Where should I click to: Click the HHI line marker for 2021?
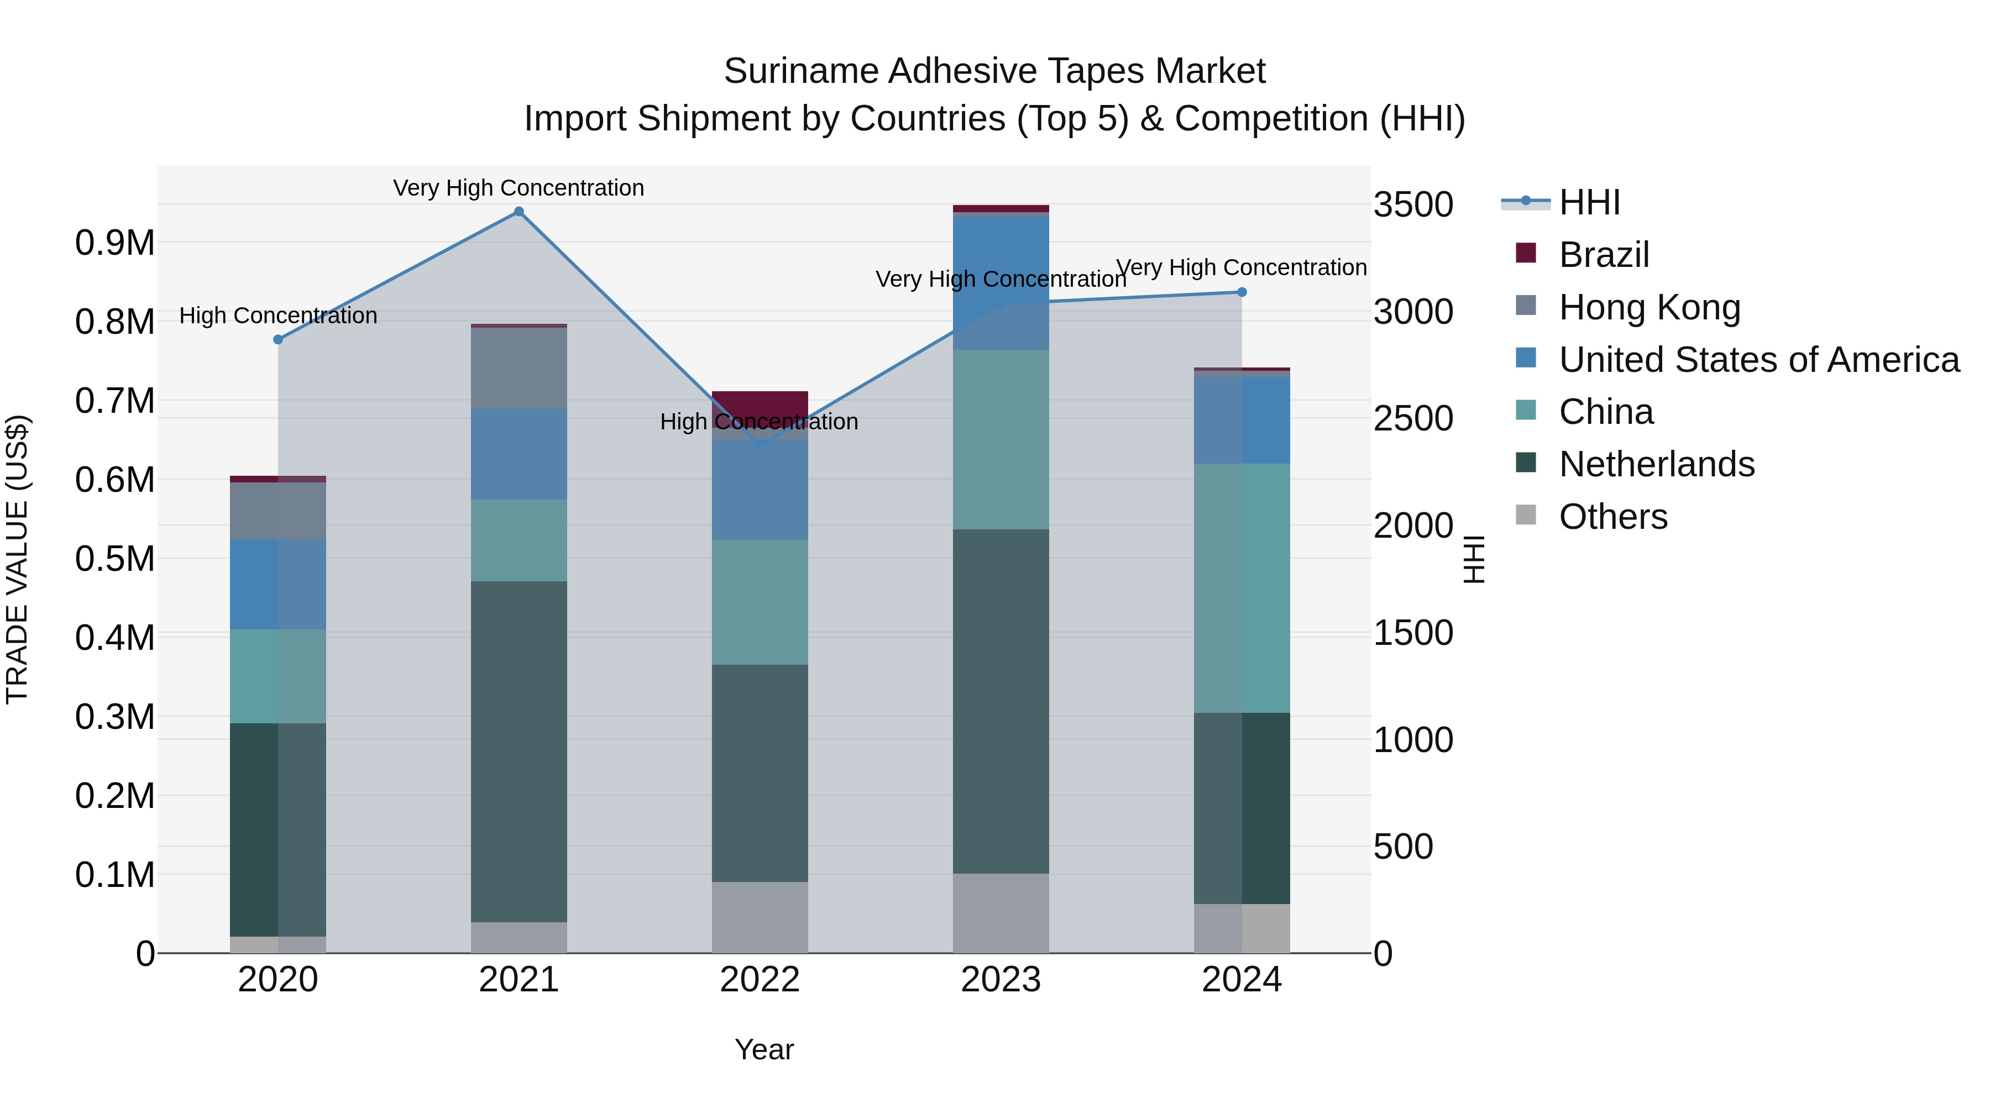pos(519,212)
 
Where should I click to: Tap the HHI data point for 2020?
pos(278,339)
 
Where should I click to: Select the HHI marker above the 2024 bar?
pos(1242,292)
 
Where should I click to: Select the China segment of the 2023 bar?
pos(1001,439)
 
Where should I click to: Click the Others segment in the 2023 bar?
pos(1001,913)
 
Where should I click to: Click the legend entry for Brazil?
pos(1603,255)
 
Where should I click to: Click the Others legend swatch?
pos(1526,514)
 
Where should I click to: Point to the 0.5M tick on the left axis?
pos(114,558)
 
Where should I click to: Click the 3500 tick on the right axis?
pos(1413,204)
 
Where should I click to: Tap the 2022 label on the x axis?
pos(760,979)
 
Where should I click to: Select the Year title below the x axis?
pos(764,1049)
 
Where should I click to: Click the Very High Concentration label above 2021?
pos(519,188)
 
